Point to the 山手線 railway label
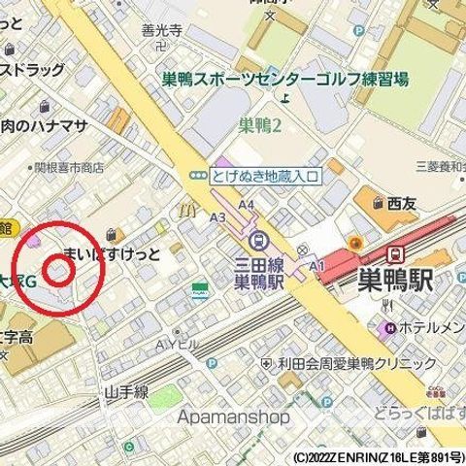126,393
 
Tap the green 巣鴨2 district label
259,124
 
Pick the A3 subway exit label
216,217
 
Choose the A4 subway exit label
247,205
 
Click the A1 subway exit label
316,264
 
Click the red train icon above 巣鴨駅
396,254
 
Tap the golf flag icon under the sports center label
284,97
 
